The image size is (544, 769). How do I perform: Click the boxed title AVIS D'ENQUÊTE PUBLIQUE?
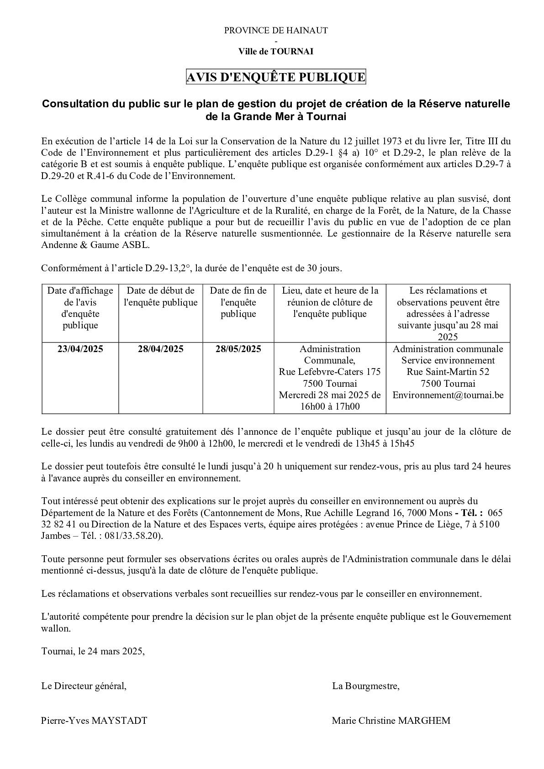point(275,77)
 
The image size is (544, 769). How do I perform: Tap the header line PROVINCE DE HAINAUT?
point(275,31)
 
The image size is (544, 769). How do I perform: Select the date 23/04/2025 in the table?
point(80,349)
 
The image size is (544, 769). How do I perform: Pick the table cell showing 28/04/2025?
point(161,349)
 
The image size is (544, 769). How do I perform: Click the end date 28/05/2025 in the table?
point(238,349)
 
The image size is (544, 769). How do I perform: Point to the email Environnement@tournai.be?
point(448,395)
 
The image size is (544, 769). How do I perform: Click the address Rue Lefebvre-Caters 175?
point(329,372)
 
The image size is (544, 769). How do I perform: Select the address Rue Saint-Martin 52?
point(448,372)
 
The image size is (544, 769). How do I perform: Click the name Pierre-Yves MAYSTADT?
point(94,721)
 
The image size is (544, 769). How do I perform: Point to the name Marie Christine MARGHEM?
point(391,721)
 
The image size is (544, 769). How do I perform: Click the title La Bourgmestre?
point(366,686)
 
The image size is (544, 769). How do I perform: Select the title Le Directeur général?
point(84,686)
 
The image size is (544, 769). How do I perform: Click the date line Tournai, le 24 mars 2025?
point(93,651)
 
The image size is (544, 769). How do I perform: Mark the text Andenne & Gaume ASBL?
point(95,245)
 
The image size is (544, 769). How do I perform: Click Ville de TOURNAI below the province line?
point(275,52)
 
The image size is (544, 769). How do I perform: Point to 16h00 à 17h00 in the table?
point(329,406)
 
